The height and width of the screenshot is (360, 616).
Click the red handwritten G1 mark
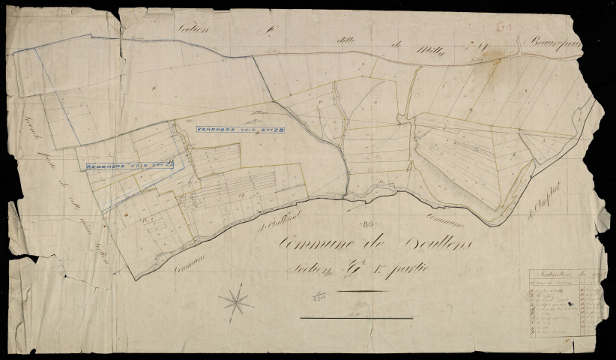(x=504, y=26)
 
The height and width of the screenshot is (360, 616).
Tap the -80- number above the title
(x=367, y=223)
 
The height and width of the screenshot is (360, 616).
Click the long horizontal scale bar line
(x=356, y=318)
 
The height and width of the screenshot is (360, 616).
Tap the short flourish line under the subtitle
(x=363, y=290)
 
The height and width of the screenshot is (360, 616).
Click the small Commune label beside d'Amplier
(x=447, y=217)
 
